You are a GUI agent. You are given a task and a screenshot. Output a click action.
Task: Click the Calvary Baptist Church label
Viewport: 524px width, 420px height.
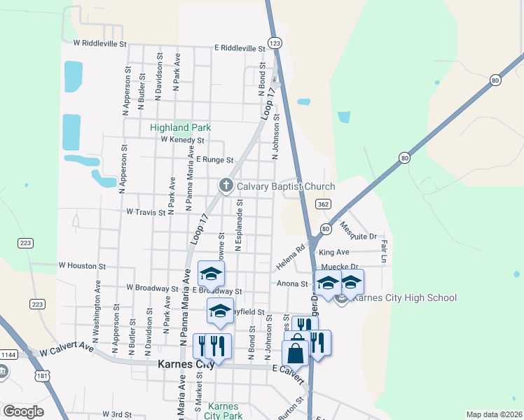click(286, 186)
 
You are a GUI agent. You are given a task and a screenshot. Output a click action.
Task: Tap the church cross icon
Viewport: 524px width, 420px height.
click(226, 185)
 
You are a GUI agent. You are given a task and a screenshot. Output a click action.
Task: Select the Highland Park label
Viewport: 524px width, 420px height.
click(180, 127)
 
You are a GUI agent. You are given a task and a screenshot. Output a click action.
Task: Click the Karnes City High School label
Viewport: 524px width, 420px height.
click(405, 298)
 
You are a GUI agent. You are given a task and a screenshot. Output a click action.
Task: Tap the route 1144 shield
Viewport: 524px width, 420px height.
click(7, 355)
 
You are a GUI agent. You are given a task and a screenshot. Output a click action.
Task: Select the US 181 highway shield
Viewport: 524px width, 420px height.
click(43, 377)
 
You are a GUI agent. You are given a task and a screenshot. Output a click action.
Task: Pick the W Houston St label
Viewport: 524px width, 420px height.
click(82, 266)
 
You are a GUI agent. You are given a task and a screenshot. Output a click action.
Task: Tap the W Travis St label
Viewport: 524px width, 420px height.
click(146, 211)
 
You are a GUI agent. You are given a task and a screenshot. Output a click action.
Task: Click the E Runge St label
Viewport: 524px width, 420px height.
click(214, 160)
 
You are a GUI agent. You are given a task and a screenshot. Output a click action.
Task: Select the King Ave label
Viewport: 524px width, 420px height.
click(333, 252)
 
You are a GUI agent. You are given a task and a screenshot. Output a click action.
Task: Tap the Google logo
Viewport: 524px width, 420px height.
click(23, 412)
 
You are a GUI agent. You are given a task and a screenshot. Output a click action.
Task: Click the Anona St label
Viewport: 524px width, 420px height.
click(293, 283)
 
